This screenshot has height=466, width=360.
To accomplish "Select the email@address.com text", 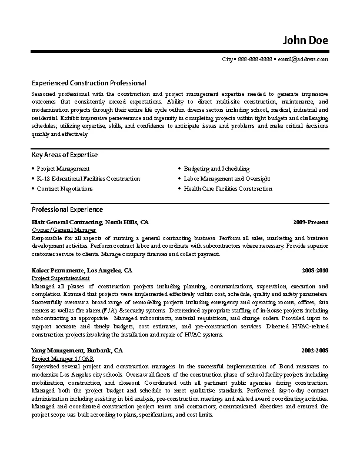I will pyautogui.click(x=303, y=59).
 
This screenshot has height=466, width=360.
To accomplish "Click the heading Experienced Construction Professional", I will pyautogui.click(x=89, y=83).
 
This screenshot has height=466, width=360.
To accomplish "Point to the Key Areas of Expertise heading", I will pyautogui.click(x=65, y=155).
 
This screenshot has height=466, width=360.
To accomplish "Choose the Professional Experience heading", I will pyautogui.click(x=67, y=209).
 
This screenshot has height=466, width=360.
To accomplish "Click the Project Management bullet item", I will pyautogui.click(x=63, y=168).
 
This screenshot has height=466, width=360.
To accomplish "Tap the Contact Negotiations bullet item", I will pyautogui.click(x=65, y=189).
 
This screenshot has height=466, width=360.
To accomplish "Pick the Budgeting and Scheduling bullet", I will pyautogui.click(x=216, y=168).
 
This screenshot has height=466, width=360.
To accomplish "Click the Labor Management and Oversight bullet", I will pyautogui.click(x=226, y=178).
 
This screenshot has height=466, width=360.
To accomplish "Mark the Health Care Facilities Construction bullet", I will pyautogui.click(x=228, y=189).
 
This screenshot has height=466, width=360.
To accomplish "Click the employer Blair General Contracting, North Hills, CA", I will pyautogui.click(x=90, y=222).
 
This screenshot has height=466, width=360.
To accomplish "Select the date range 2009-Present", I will pyautogui.click(x=311, y=222).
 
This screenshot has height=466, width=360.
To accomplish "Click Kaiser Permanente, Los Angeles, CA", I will pyautogui.click(x=82, y=271).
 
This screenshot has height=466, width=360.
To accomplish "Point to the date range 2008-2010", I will pyautogui.click(x=315, y=271).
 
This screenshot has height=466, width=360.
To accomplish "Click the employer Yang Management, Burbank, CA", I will pyautogui.click(x=76, y=350).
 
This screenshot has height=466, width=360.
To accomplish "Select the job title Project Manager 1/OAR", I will pyautogui.click(x=62, y=358).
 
